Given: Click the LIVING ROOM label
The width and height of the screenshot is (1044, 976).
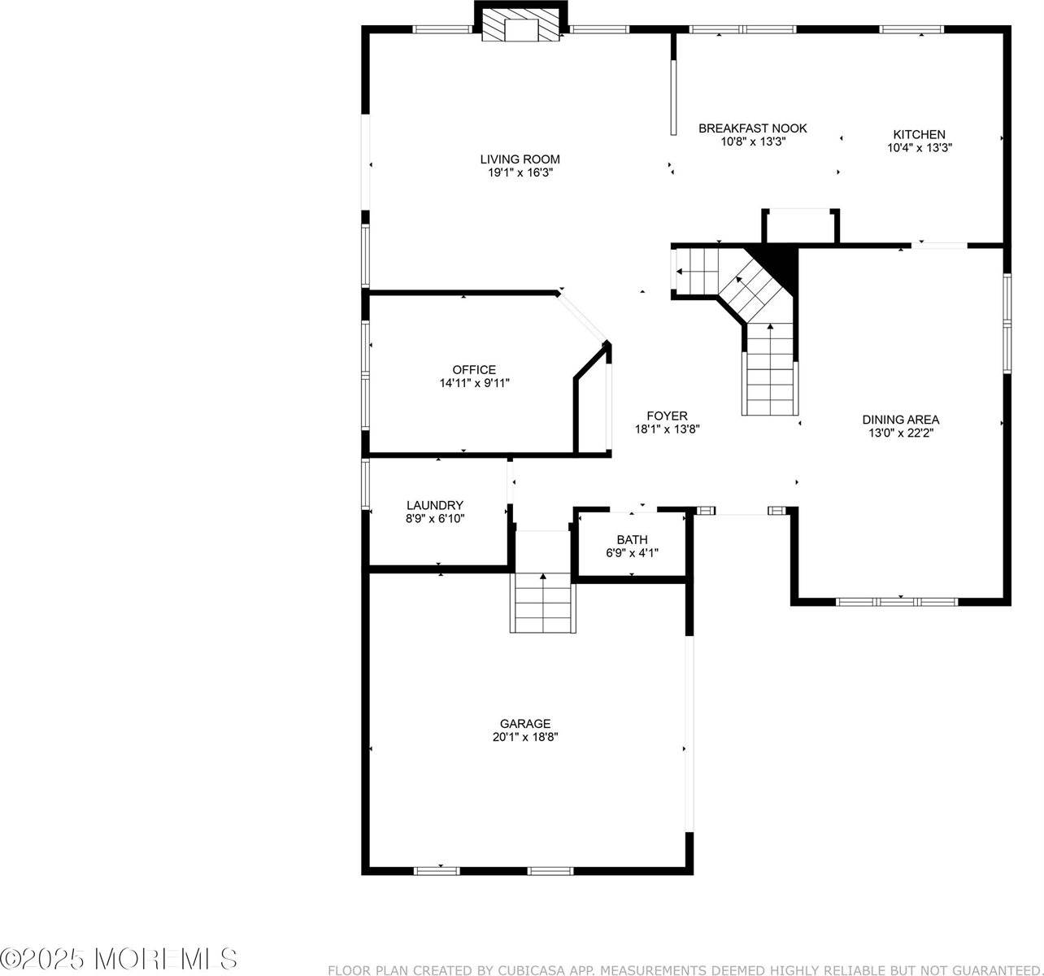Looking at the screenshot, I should [x=520, y=159].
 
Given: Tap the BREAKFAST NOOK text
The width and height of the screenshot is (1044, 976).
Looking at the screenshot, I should [x=753, y=129].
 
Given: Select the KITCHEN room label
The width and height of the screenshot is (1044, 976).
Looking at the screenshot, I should [x=919, y=135].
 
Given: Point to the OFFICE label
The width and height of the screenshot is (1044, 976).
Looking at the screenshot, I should [x=474, y=370].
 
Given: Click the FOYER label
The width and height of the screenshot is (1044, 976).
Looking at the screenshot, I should [x=667, y=416].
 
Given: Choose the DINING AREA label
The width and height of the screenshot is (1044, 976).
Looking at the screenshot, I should [x=900, y=420].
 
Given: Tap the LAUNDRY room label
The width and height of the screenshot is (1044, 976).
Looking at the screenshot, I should [x=435, y=505].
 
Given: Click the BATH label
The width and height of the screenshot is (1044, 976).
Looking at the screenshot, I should [x=632, y=539].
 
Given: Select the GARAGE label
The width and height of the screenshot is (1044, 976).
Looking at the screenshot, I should [x=524, y=724].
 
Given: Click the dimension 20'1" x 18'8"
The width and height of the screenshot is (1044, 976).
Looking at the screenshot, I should [x=524, y=737].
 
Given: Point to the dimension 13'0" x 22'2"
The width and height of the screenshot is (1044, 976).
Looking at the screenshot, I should [x=900, y=433].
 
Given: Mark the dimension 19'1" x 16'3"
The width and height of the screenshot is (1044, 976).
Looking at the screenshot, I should [x=520, y=172].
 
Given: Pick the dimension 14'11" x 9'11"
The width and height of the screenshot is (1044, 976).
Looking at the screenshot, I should [x=474, y=383].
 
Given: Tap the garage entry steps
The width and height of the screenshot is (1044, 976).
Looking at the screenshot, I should [x=543, y=602].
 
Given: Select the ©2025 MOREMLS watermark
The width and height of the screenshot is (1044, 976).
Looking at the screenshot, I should [x=120, y=957].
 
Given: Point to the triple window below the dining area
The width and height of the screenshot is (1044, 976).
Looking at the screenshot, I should [x=897, y=603].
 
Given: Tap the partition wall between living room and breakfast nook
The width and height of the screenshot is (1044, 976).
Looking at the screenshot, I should [x=673, y=84].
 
